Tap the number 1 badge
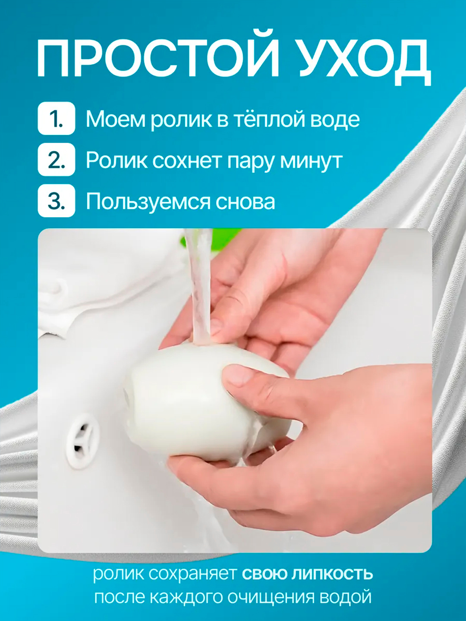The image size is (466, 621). coord(57,119)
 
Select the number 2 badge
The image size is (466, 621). coord(57,160)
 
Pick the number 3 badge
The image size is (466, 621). coord(57,201)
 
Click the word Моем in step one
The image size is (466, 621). coord(116,119)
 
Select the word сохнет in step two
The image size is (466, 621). coord(187,161)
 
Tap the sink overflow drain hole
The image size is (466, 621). coord(82,440)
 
